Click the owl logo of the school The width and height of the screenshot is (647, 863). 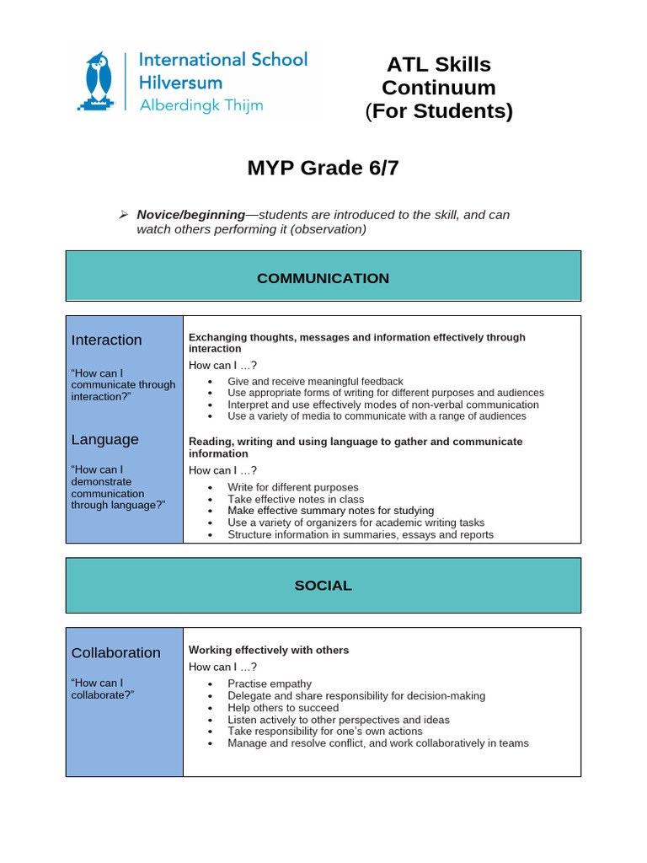pos(99,81)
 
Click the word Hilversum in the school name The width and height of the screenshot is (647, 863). pos(180,83)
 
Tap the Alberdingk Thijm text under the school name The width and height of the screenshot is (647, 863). pos(201,105)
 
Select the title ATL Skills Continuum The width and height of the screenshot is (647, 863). pos(438,76)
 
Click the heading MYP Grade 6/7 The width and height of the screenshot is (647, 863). pos(323,169)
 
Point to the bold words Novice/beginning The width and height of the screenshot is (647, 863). pos(190,215)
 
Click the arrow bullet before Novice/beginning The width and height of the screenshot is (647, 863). pos(123,215)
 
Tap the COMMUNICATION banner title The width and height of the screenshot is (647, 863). pos(323,278)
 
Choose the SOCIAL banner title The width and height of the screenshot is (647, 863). pos(323,586)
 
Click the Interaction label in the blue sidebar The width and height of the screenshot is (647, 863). pos(106,340)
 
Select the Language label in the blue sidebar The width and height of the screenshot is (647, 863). pos(104,440)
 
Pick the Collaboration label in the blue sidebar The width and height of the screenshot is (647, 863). pos(115,653)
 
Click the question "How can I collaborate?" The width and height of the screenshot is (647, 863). pos(103,689)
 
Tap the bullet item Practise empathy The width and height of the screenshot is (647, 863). pos(269,683)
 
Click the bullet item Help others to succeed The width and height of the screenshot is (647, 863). pos(283,708)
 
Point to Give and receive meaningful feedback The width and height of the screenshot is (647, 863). pos(315,382)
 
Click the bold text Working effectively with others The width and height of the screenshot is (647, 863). pos(268,651)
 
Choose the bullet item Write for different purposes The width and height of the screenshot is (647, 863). pos(292,487)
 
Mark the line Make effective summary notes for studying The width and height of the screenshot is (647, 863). pos(330,511)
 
